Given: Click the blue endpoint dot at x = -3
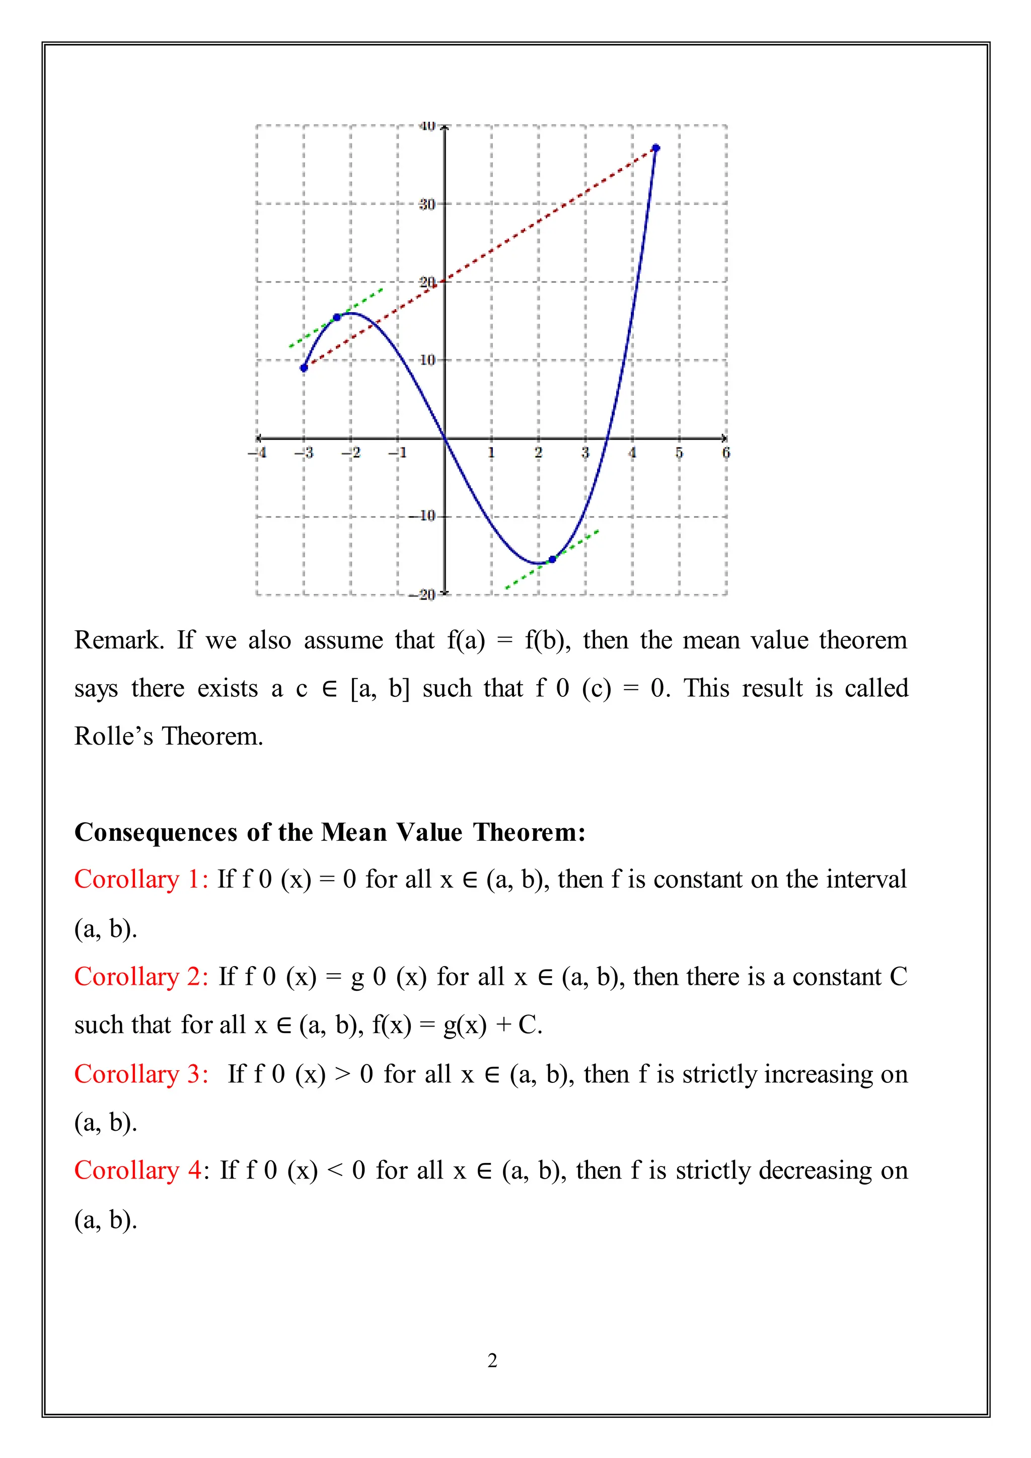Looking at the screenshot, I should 304,368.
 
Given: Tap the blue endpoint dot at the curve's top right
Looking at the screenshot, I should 656,148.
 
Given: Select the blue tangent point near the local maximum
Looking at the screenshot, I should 337,317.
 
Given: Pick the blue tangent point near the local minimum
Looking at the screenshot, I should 552,559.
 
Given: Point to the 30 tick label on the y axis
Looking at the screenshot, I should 426,204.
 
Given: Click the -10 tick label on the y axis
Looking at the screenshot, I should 423,516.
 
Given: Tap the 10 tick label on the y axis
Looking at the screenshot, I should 427,360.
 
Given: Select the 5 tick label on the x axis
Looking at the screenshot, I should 679,453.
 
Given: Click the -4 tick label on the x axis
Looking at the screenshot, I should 257,453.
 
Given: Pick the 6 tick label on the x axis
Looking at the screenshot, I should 726,453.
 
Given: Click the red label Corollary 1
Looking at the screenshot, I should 141,880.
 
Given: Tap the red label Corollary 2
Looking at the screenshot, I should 141,977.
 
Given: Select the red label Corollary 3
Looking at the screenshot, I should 141,1074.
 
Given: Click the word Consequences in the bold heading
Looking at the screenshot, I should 156,833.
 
